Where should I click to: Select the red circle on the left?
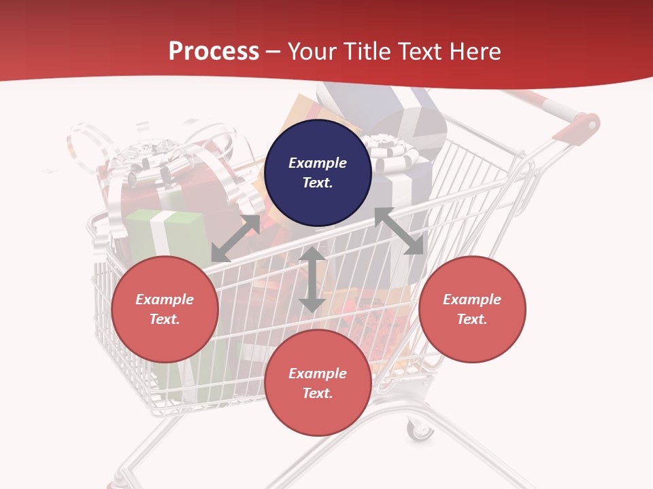pos(165,309)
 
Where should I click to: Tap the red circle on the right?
pos(472,309)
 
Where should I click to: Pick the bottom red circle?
pos(318,383)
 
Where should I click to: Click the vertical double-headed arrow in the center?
pos(312,279)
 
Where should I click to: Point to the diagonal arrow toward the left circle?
pos(235,238)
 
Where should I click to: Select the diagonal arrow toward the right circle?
pos(399,231)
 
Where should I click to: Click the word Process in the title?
pos(214,52)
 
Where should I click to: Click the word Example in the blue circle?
pos(318,163)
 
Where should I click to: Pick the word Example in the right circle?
pos(472,300)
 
